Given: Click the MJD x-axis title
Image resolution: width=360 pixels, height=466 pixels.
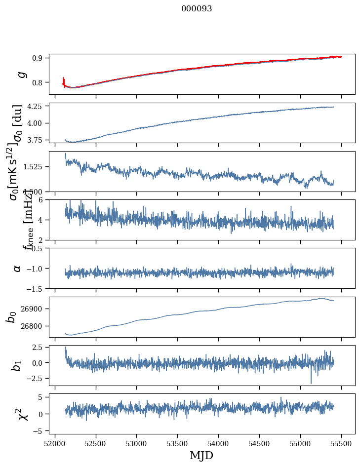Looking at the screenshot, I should [201, 455].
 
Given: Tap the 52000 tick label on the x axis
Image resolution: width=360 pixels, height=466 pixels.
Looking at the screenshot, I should [55, 442].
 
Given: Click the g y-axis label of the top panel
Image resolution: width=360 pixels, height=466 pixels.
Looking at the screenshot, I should [21, 74].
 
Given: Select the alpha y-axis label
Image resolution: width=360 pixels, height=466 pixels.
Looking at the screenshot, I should [18, 268].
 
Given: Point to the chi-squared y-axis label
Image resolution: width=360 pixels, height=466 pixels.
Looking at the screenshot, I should [22, 414].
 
